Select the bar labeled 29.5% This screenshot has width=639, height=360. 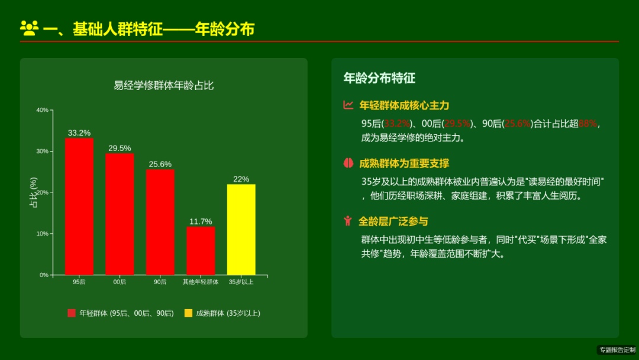120,214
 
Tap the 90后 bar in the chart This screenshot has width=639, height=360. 160,221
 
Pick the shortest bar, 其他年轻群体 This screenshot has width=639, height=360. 201,250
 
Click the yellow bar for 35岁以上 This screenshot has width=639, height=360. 241,229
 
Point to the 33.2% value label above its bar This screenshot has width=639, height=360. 79,133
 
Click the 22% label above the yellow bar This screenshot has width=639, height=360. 241,179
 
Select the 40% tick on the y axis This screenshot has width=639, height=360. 42,110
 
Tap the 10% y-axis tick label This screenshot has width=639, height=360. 42,234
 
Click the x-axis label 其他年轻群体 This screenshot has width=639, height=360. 201,282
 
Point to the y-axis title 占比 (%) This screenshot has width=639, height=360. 34,192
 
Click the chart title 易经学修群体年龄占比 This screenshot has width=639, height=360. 164,85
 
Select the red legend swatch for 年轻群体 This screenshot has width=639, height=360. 72,313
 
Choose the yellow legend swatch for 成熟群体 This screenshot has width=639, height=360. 188,313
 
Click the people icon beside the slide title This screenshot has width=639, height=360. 29,27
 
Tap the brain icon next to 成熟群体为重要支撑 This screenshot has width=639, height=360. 348,163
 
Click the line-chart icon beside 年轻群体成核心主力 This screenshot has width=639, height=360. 348,105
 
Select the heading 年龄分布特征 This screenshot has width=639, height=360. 379,78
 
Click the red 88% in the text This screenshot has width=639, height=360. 589,124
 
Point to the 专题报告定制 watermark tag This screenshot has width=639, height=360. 617,350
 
